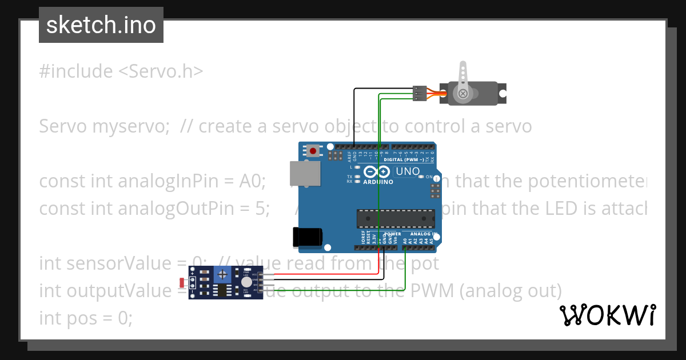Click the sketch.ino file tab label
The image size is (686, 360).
[101, 25]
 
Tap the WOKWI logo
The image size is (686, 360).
[608, 315]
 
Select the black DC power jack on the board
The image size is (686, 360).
[307, 238]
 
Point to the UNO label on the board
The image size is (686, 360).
[408, 171]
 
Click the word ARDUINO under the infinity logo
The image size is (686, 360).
[378, 182]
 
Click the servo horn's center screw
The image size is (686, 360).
[462, 93]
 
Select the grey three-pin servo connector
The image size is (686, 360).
[419, 94]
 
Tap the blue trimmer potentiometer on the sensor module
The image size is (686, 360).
[222, 276]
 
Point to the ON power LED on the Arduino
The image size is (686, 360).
[430, 177]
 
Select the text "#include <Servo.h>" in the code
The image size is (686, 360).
[121, 71]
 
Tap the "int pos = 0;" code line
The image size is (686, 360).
[86, 318]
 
